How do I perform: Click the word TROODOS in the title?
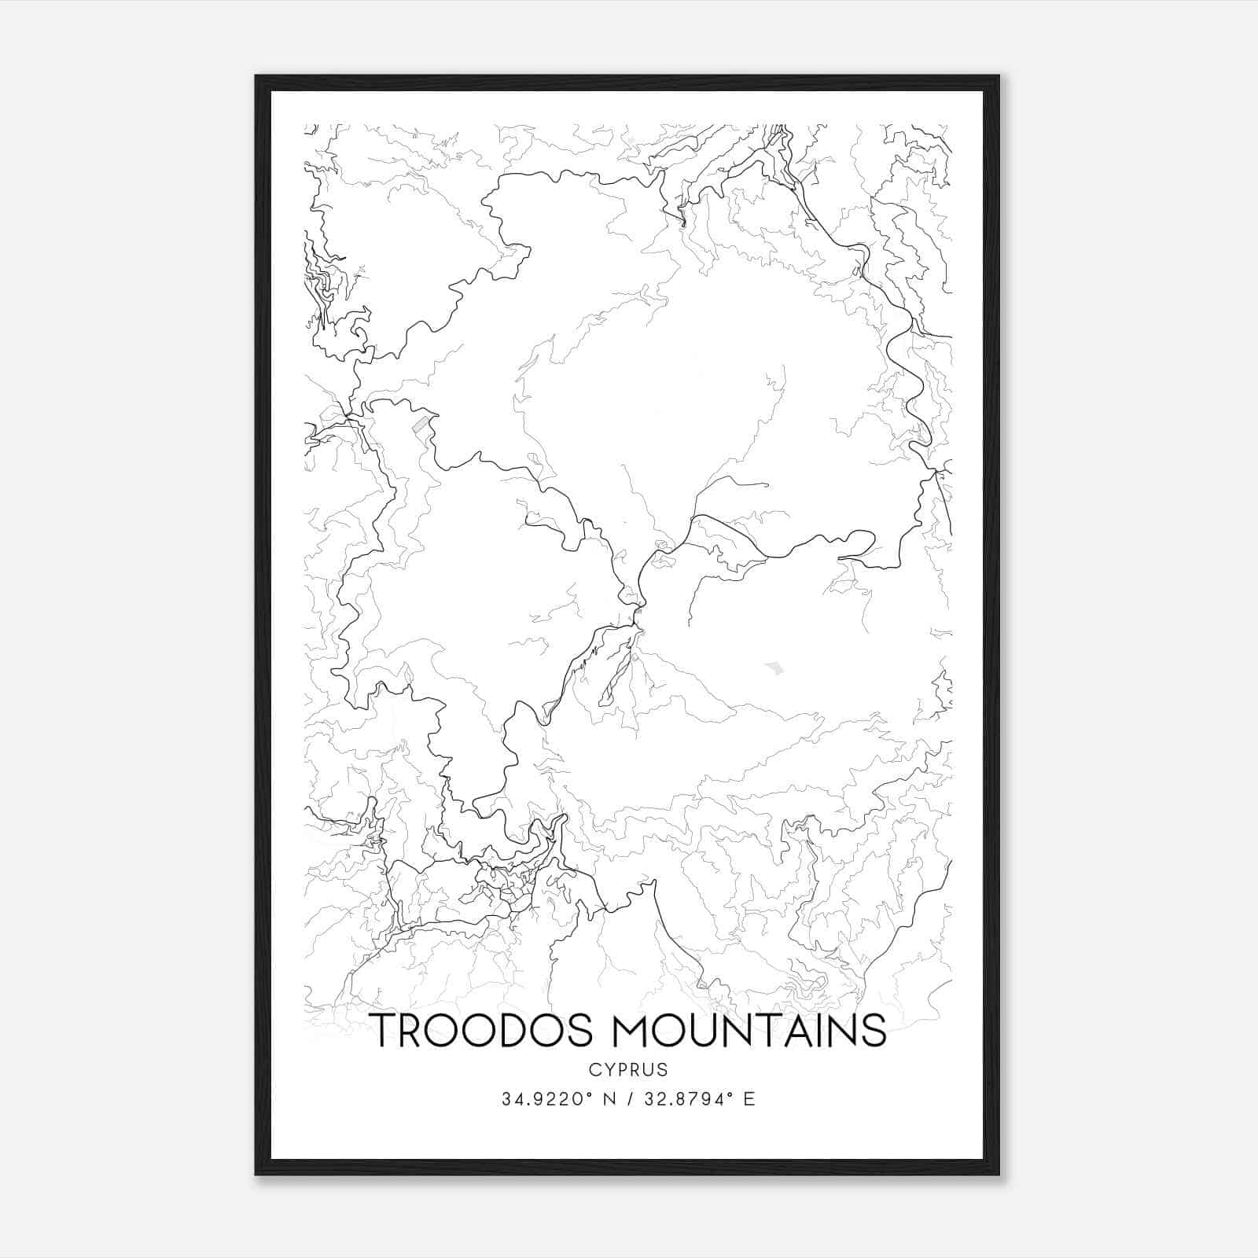click(x=481, y=1030)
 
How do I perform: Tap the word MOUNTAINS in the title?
click(x=745, y=1030)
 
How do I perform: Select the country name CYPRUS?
click(x=627, y=1070)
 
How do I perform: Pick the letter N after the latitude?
click(x=609, y=1099)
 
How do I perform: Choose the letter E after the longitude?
click(x=749, y=1099)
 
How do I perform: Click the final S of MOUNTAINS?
click(x=873, y=1030)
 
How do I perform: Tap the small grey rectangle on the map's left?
click(x=423, y=425)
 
